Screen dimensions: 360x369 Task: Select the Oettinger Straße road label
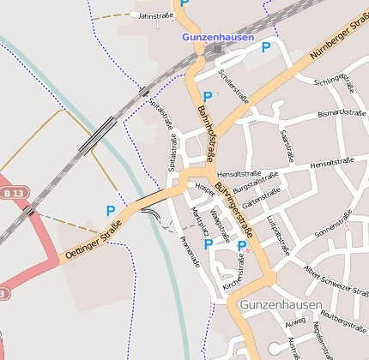tap(92, 241)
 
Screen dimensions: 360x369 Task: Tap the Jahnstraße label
tap(155, 15)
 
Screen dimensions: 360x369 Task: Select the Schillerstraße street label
tap(233, 87)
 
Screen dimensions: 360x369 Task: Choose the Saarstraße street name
tap(288, 145)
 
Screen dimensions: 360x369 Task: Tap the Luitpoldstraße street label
tap(275, 236)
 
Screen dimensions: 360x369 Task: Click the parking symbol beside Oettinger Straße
tap(110, 210)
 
